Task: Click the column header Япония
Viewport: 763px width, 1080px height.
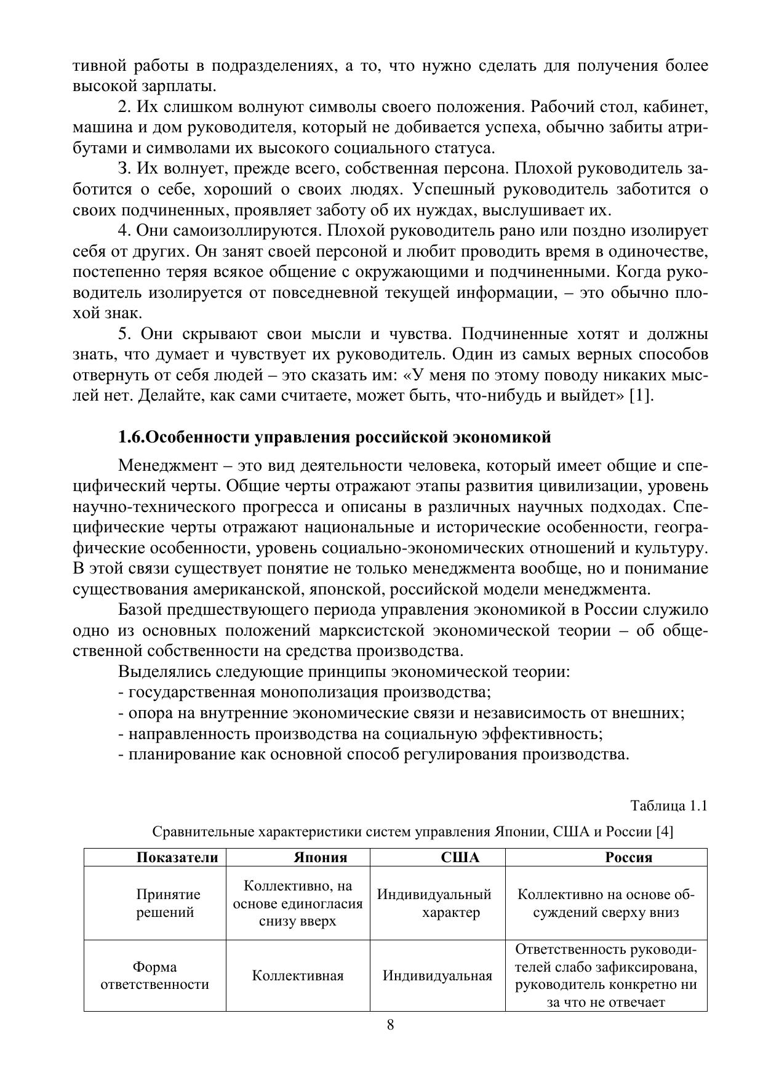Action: [x=320, y=857]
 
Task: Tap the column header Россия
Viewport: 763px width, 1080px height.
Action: [x=628, y=857]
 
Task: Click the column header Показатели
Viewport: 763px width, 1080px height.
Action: [x=177, y=857]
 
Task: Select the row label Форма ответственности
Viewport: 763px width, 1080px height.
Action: [x=154, y=975]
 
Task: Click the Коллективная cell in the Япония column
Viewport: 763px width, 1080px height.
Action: [x=298, y=975]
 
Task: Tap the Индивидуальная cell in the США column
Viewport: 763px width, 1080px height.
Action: [x=437, y=975]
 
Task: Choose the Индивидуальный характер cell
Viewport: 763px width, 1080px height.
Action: [x=434, y=903]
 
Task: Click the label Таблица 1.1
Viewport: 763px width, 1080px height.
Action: [x=669, y=806]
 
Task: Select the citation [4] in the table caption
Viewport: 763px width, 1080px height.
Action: [x=665, y=832]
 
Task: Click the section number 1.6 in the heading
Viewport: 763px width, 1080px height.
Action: [x=130, y=438]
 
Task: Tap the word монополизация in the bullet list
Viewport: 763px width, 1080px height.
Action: [x=319, y=692]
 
